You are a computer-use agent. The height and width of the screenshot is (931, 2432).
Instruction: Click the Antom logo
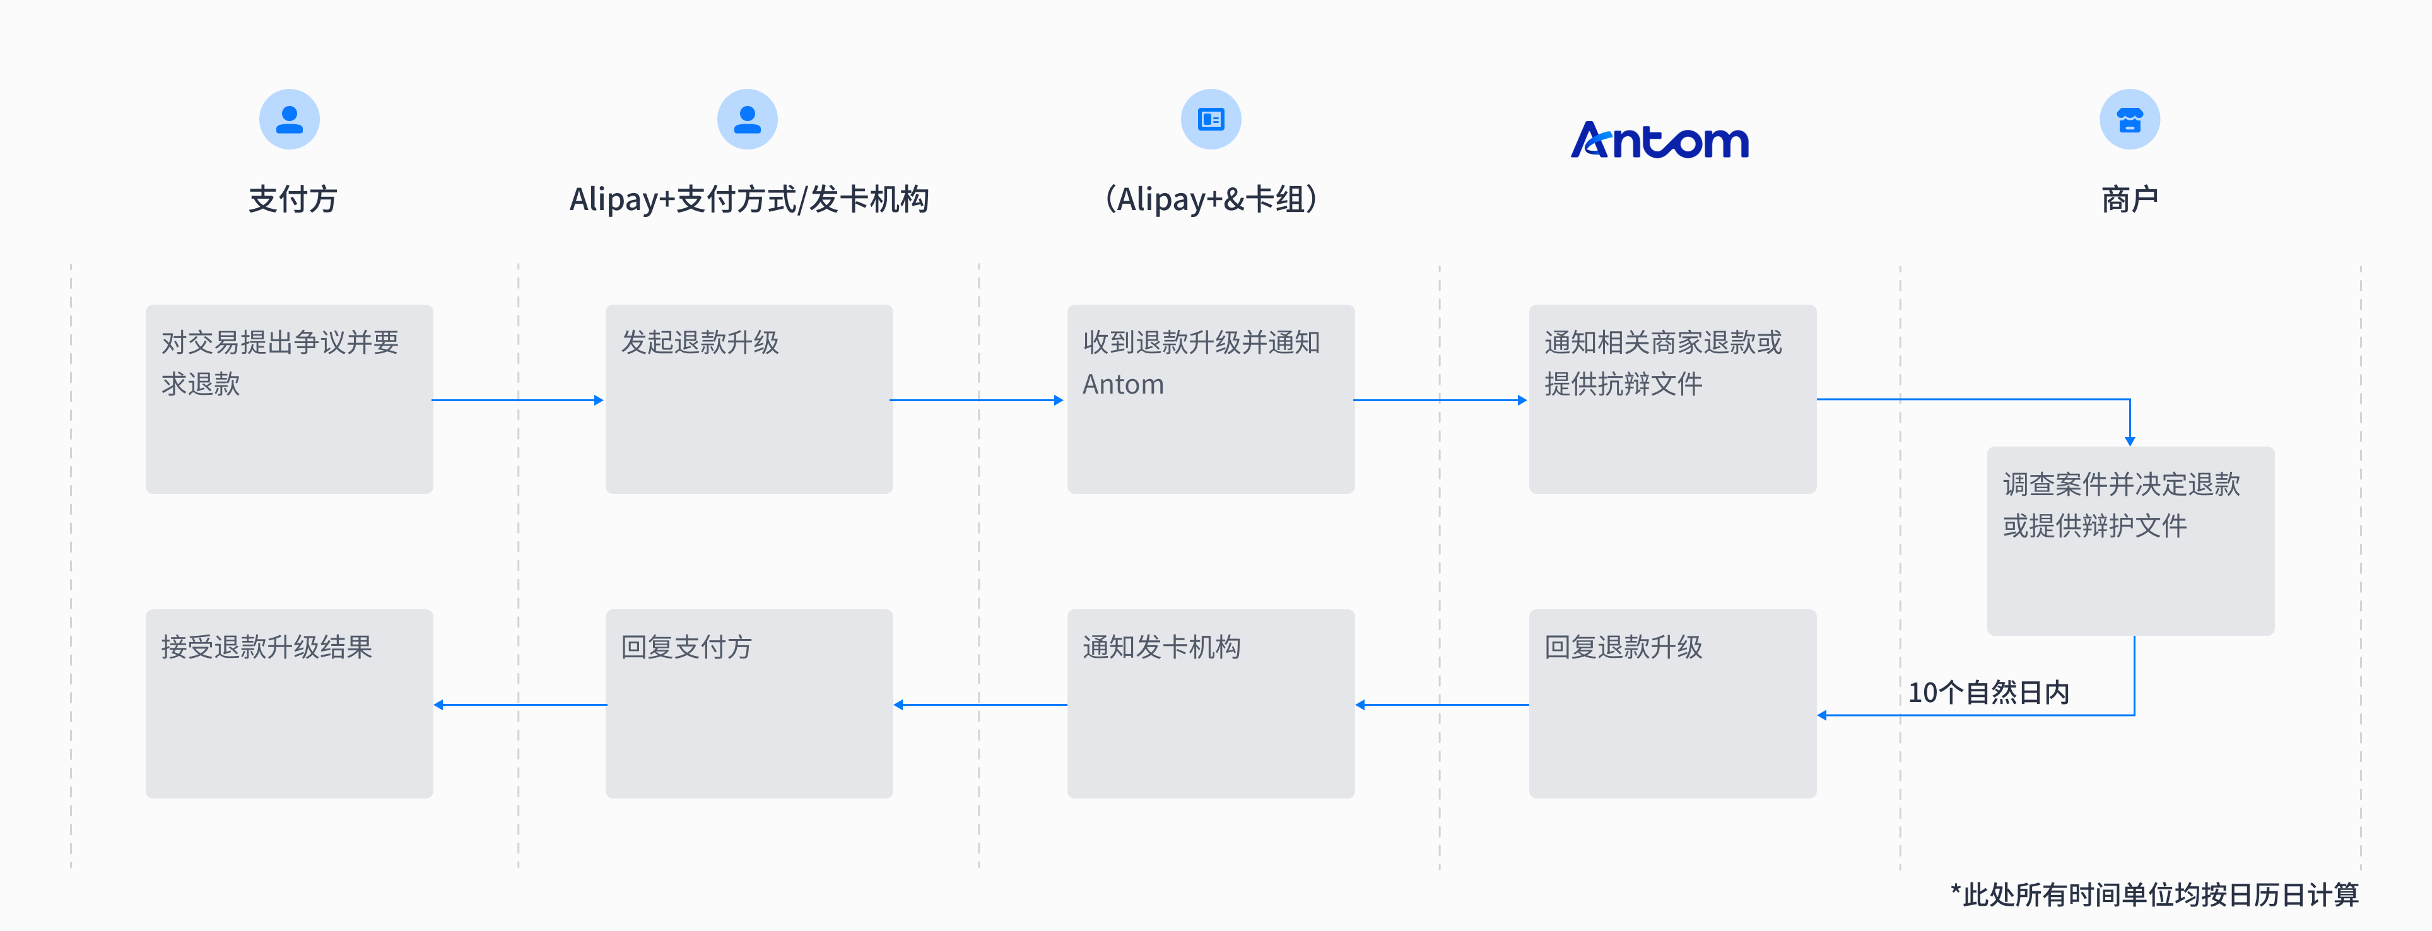click(x=1660, y=140)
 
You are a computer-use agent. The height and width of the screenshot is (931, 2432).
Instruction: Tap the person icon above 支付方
click(x=289, y=119)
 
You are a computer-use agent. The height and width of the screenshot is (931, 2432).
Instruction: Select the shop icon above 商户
click(x=2129, y=119)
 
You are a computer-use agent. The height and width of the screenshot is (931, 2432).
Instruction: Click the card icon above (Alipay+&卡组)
click(x=1211, y=119)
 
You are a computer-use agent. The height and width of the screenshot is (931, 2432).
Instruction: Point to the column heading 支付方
click(x=293, y=199)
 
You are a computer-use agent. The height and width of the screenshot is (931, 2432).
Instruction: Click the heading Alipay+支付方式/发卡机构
click(x=749, y=199)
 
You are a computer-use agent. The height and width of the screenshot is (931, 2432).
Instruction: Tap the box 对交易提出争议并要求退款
click(x=289, y=399)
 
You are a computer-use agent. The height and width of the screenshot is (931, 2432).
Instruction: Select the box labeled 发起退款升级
click(x=749, y=399)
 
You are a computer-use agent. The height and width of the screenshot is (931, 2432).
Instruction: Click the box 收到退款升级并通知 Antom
click(x=1211, y=399)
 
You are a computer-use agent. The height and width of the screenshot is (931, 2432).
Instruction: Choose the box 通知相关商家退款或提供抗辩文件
click(x=1672, y=399)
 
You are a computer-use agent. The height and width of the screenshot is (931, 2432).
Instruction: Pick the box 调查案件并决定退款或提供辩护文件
click(x=2130, y=540)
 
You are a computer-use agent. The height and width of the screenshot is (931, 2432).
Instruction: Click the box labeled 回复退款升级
click(x=1672, y=703)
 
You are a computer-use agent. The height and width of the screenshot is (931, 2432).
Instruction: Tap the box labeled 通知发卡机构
click(x=1211, y=703)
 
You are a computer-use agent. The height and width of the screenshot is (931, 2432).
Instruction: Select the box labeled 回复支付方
click(x=749, y=703)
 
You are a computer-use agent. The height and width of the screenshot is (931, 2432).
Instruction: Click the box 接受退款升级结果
click(x=289, y=703)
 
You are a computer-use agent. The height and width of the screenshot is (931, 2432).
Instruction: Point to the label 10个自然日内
click(x=1988, y=692)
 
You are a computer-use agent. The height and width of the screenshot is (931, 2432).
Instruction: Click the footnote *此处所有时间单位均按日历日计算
click(x=2154, y=894)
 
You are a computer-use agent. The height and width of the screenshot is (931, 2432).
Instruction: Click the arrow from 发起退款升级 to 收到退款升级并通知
click(x=977, y=401)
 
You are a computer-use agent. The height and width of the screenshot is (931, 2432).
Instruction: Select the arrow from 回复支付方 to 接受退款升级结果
click(x=519, y=705)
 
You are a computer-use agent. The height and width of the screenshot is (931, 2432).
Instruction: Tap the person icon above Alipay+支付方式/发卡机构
click(x=747, y=119)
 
